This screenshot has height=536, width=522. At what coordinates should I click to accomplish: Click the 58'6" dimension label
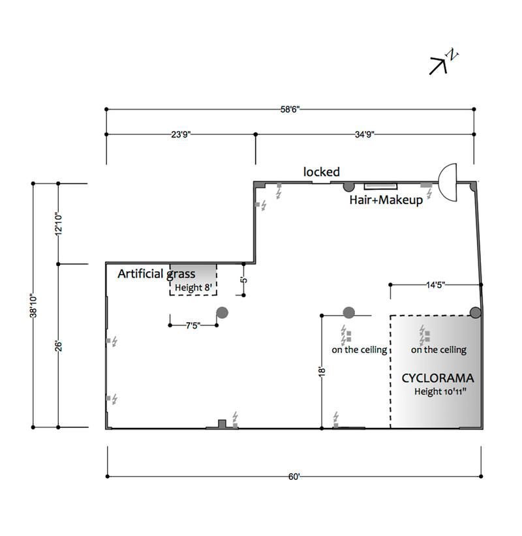290,110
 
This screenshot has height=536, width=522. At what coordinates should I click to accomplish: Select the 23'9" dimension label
181,134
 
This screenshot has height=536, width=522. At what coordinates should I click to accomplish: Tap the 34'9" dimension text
365,134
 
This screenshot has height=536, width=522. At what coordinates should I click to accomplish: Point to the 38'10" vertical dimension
33,305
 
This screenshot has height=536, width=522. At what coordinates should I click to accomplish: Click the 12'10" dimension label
59,224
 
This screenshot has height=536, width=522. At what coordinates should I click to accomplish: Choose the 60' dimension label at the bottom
294,477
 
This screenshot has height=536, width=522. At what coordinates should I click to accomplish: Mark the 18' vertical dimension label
322,372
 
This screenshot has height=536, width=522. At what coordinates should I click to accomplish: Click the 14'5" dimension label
435,285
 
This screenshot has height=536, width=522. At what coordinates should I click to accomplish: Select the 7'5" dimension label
193,325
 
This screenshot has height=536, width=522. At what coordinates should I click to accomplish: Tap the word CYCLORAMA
438,378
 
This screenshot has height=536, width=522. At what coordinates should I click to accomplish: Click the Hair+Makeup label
386,200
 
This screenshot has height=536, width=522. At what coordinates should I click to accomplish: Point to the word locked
322,171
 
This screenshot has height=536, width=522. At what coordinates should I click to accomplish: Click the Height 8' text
193,288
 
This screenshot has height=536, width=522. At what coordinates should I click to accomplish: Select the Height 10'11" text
440,391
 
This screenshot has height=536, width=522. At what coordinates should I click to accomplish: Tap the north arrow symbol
443,62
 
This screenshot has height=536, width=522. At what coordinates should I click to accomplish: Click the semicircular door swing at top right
448,182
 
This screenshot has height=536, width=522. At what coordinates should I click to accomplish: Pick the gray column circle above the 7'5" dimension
223,312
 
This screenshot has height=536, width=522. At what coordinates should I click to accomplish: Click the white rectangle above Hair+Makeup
380,186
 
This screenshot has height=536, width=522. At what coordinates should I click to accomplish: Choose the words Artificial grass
157,274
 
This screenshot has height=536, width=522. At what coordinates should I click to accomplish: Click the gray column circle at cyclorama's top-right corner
475,312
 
